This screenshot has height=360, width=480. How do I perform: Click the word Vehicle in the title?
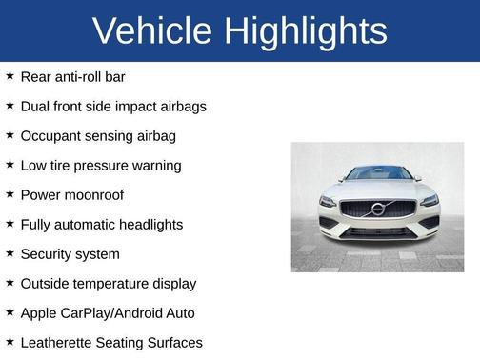(x=152, y=31)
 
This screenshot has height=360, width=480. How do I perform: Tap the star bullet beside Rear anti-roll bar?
(x=10, y=76)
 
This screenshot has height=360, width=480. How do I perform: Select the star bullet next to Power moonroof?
(x=10, y=194)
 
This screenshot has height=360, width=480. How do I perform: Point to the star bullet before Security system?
(x=10, y=253)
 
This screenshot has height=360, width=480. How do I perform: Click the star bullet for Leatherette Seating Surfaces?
(x=10, y=341)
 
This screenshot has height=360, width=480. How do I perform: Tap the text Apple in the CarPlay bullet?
(x=39, y=312)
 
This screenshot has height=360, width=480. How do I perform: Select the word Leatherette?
(x=61, y=342)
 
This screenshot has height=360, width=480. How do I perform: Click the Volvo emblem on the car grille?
(x=377, y=209)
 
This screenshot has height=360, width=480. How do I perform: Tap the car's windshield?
(x=377, y=173)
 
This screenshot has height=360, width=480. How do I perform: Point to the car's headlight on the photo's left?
(x=330, y=202)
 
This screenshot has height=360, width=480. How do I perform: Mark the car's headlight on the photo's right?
(x=428, y=201)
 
